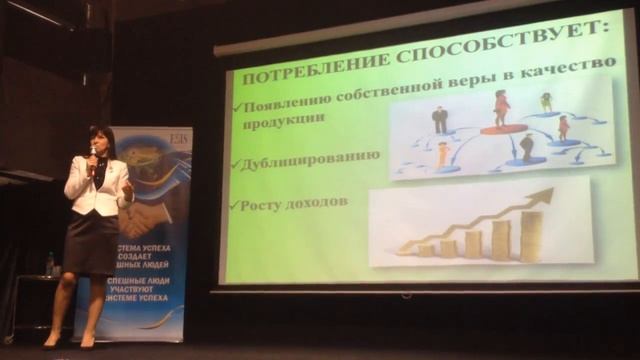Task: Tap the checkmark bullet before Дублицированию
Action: pos(235,161)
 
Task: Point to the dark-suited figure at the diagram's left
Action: pos(439,120)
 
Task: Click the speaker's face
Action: pos(101,143)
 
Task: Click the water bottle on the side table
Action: pos(49,264)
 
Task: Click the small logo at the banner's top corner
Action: pos(177,137)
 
